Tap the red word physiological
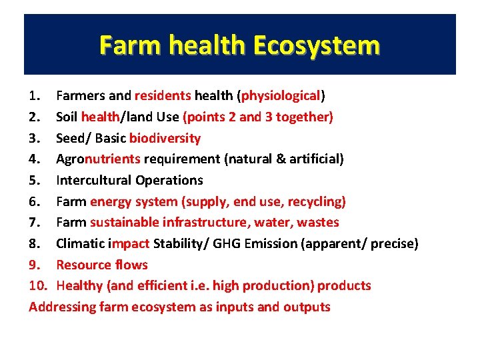(281, 95)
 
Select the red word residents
(163, 95)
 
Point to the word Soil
(67, 117)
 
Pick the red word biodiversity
(165, 138)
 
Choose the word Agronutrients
(98, 159)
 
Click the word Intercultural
(93, 180)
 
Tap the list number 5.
(35, 180)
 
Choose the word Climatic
(81, 243)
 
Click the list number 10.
(39, 285)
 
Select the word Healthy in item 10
(79, 285)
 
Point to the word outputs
(307, 307)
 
